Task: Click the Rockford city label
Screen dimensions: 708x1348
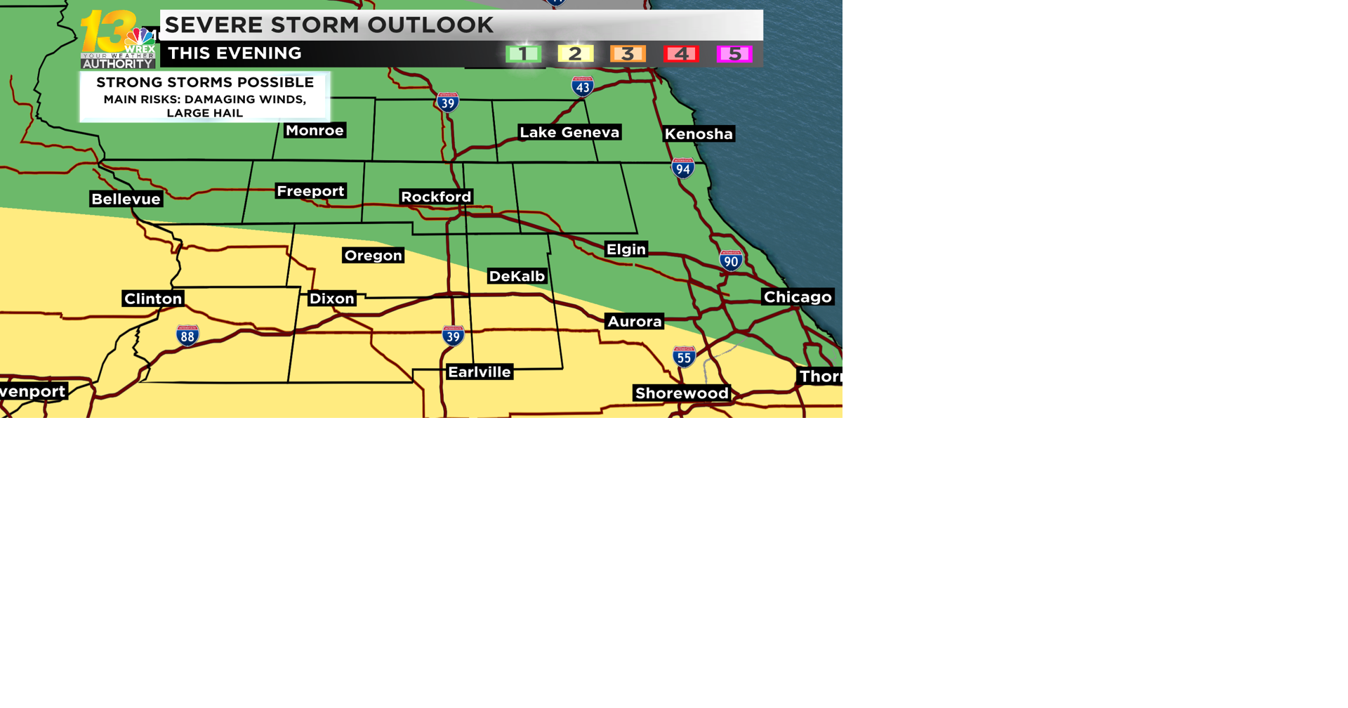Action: point(436,197)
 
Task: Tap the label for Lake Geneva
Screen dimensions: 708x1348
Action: point(569,132)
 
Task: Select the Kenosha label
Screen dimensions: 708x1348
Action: point(699,133)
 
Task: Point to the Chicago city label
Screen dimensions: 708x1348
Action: point(798,297)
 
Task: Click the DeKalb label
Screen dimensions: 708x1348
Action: point(517,276)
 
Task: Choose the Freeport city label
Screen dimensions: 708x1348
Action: point(310,191)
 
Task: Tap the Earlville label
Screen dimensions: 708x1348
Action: point(480,372)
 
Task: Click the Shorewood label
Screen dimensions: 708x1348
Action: point(682,393)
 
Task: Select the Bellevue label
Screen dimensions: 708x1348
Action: point(126,199)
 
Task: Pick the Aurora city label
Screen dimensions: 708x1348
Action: point(635,322)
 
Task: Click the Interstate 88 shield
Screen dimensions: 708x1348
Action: point(187,336)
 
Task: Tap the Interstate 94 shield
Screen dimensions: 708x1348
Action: point(683,168)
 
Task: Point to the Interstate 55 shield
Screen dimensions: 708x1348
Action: point(684,357)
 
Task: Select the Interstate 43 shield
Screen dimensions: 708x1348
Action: point(582,86)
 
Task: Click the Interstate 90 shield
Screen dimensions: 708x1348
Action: point(731,261)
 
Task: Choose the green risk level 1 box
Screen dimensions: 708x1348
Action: point(523,54)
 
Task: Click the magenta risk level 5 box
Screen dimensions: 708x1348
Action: point(734,54)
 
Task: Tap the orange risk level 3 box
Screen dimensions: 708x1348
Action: point(628,54)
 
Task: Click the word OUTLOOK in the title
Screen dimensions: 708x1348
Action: point(430,25)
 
